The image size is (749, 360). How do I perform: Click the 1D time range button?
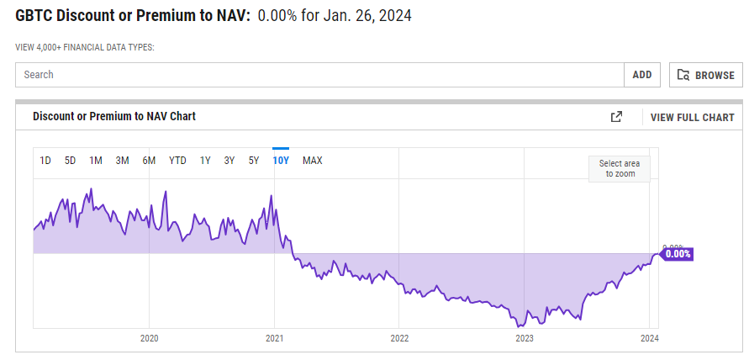(46, 161)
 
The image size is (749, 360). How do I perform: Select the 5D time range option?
(71, 161)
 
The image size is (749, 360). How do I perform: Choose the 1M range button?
(96, 161)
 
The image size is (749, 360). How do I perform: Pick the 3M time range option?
(123, 161)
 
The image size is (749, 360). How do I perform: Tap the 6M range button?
(149, 161)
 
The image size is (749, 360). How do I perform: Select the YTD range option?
(177, 161)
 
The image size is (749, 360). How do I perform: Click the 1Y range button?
(205, 161)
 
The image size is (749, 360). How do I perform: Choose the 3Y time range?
(229, 161)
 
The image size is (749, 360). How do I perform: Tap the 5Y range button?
(254, 161)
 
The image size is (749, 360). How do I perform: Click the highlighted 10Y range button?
(281, 161)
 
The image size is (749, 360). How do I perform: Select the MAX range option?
(312, 161)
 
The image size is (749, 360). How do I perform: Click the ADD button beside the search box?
(642, 75)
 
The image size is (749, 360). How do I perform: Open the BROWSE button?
(706, 75)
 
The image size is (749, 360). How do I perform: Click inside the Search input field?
(319, 75)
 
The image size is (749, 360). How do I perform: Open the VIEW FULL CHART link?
(692, 118)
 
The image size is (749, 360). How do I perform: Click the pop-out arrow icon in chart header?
(616, 117)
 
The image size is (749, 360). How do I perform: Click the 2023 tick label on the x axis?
(525, 339)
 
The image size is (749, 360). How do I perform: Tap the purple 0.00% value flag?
(676, 254)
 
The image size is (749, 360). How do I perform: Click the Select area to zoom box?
(620, 168)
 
